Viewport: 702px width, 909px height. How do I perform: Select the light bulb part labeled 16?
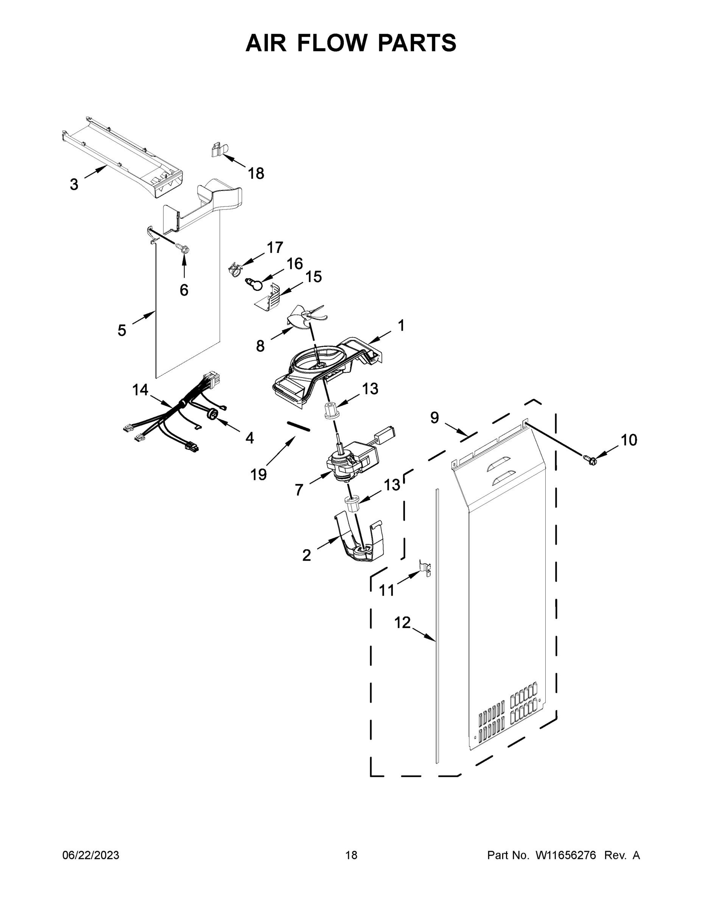255,285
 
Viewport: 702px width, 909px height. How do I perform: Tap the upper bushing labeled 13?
332,411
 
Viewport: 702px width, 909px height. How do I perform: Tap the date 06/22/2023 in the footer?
91,855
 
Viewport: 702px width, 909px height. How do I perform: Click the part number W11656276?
566,855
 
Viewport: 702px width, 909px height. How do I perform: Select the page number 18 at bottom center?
351,855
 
